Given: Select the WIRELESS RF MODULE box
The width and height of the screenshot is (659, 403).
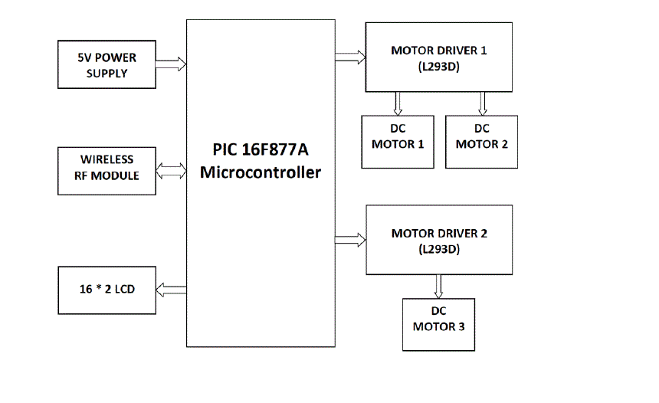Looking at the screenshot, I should (x=107, y=168).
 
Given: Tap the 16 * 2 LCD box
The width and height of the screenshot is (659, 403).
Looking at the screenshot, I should (x=107, y=289).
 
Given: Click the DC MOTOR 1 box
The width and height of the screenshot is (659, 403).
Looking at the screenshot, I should (x=397, y=142).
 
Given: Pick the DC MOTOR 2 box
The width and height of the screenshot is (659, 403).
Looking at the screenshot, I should (x=481, y=142).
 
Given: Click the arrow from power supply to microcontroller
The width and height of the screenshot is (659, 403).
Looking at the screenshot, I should (x=170, y=65).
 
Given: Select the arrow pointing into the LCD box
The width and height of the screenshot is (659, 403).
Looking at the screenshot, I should (x=170, y=289).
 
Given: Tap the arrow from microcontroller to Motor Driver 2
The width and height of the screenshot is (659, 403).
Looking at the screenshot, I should (x=349, y=239).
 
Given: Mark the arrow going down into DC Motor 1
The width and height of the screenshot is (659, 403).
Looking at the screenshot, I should (x=398, y=103).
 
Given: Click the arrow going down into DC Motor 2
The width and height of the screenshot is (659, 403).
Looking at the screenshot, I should (x=483, y=103).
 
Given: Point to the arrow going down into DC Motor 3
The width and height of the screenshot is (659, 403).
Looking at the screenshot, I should (x=438, y=286).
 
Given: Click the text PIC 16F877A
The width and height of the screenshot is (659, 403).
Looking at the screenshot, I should (x=261, y=149).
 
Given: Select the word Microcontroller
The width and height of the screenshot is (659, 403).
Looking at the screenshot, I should (x=261, y=172).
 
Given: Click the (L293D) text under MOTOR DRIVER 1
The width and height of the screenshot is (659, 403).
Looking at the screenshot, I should (x=439, y=67).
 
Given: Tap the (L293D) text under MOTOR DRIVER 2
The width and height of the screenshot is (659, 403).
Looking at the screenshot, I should (x=439, y=249).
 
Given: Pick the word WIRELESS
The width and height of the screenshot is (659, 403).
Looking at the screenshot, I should (x=107, y=159).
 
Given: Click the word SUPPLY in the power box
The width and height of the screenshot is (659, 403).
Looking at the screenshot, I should (x=107, y=74).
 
